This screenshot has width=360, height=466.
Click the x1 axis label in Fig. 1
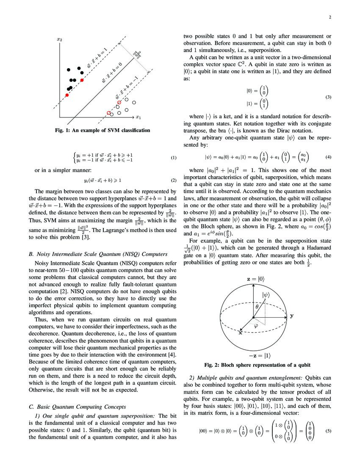coord(138,116)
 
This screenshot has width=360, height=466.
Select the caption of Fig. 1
coord(102,130)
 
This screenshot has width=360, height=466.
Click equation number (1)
coord(173,158)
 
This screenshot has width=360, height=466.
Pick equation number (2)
coord(173,180)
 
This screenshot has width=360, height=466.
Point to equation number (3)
coord(328,97)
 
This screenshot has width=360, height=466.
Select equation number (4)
coord(328,157)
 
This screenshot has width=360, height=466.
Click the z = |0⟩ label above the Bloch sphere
coord(253,280)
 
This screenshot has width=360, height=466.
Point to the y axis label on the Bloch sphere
coord(292,316)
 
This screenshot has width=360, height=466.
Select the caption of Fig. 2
coord(258,365)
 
